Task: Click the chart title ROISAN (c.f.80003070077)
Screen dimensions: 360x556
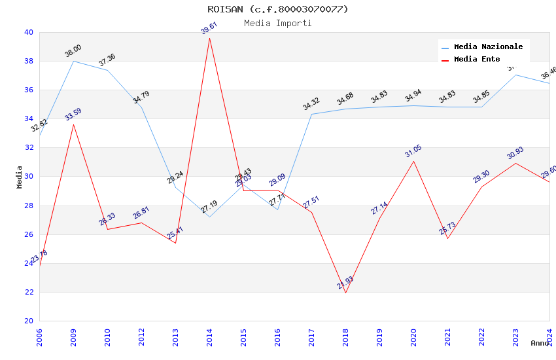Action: click(x=278, y=9)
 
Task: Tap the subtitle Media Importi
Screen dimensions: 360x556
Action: click(x=278, y=23)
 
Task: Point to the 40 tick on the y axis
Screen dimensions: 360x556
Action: click(x=29, y=33)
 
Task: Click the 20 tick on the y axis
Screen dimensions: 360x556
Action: click(x=29, y=321)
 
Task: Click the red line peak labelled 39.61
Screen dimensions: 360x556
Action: click(x=209, y=38)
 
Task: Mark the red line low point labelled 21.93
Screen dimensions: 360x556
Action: click(x=345, y=292)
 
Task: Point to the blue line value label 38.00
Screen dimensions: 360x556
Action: click(x=73, y=50)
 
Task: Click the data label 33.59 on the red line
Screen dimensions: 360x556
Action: click(x=73, y=115)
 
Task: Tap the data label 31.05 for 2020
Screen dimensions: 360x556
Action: click(x=413, y=151)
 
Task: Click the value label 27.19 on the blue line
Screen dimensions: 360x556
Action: click(x=209, y=207)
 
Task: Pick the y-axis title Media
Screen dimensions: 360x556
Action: click(x=20, y=177)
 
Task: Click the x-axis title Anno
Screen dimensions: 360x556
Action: click(x=540, y=343)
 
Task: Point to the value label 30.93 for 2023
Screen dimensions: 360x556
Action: click(x=515, y=153)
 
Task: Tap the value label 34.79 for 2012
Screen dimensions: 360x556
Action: click(x=141, y=98)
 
